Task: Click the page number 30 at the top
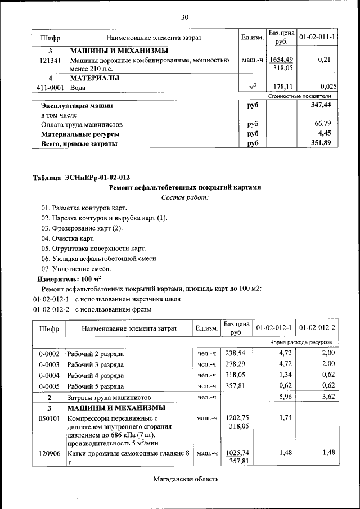coord(184,17)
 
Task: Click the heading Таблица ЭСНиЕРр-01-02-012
coord(84,178)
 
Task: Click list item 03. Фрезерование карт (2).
coord(82,228)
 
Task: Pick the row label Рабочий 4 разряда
coord(96,375)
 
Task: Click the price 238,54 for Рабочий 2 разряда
coord(236,354)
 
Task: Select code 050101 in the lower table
coord(49,418)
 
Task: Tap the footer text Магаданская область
coord(184,479)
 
